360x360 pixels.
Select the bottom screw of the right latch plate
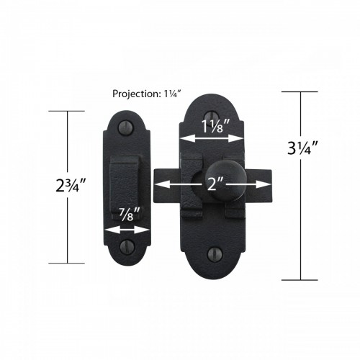213,253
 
